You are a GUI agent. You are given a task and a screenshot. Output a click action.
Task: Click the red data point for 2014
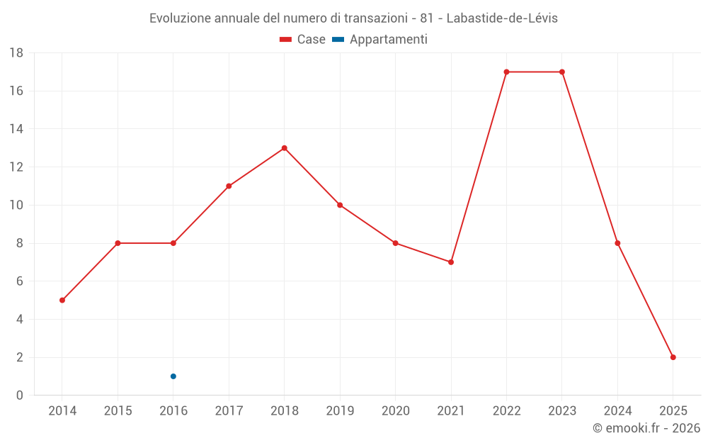coord(62,300)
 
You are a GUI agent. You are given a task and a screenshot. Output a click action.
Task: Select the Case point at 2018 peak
coord(284,148)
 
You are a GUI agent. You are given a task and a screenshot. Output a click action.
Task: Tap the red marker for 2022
coord(506,72)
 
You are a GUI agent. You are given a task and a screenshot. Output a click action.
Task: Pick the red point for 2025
coord(673,357)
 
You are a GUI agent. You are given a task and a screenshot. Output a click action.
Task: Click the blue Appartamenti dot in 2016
coord(173,376)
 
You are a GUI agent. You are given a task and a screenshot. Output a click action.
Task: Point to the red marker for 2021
coord(451,262)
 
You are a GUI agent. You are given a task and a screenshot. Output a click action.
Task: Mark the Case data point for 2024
coord(617,243)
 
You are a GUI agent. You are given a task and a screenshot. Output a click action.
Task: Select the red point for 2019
coord(340,205)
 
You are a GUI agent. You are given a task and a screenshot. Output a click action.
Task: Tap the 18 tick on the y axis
coord(16,53)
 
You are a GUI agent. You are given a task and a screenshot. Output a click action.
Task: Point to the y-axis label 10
coord(16,205)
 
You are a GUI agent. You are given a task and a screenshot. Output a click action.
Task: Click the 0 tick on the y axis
coord(20,396)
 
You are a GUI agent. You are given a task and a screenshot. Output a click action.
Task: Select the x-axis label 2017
coord(229,411)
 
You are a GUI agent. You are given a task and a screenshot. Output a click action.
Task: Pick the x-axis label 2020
coord(395,411)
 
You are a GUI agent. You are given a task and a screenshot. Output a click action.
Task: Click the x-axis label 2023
coord(561,411)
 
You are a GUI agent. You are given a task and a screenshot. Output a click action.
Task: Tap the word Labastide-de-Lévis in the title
coord(502,18)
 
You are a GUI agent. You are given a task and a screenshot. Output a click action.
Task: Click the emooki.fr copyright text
coord(646,428)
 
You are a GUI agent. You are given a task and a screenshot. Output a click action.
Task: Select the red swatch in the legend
coord(286,40)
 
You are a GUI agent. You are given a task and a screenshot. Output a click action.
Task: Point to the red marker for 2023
coord(561,72)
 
